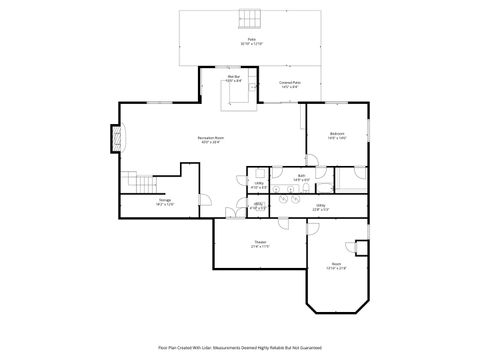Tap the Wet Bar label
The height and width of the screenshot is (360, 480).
coord(233,78)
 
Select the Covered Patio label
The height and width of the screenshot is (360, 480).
coord(290,86)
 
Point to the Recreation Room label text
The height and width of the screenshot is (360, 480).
coord(209,139)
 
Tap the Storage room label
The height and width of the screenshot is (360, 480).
coord(164,202)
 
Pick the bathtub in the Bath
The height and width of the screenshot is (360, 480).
coord(350,180)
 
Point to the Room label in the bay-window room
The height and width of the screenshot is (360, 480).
coord(336,267)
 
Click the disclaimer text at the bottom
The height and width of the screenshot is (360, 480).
coord(240,348)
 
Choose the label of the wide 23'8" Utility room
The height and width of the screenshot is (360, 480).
coord(320,207)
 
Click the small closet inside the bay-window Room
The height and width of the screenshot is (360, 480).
coord(362,247)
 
